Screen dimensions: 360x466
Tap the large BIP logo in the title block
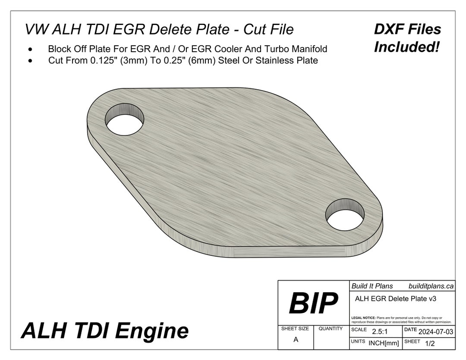click(313, 303)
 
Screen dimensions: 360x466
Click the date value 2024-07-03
click(435, 331)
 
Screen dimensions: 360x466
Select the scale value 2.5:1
click(378, 331)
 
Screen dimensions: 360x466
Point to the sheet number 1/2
click(430, 343)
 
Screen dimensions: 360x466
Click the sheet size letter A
click(296, 339)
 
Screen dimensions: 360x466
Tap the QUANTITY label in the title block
click(331, 329)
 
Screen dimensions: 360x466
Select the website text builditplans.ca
click(431, 286)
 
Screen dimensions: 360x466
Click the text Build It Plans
click(372, 286)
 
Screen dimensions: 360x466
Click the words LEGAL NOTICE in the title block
click(363, 318)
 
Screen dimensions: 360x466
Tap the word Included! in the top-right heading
click(406, 47)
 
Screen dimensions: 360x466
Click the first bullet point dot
click(30, 49)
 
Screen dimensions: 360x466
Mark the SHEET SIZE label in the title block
click(295, 329)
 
